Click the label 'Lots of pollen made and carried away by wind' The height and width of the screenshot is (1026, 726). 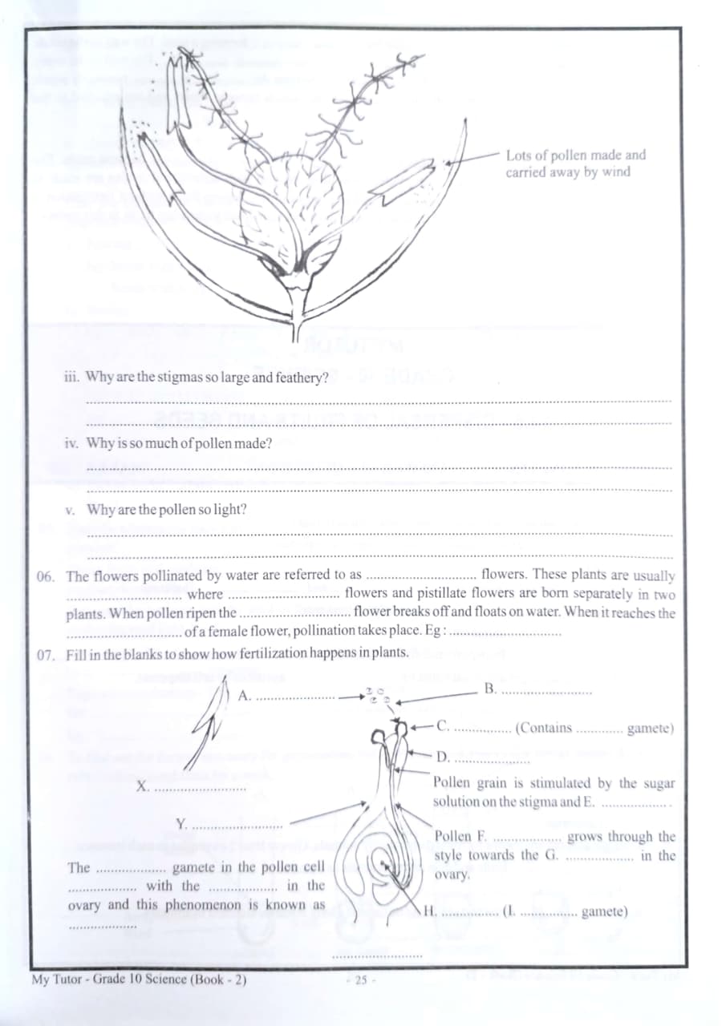coord(574,164)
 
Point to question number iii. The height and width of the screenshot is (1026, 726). coord(71,377)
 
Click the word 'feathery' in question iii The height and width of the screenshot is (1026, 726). coord(299,378)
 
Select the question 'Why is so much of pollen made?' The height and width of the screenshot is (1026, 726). coord(178,443)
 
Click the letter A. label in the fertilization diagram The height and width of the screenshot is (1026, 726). coord(245,696)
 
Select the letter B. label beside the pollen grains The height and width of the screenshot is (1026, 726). coord(491,689)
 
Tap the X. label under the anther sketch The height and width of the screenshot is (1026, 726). coord(142,786)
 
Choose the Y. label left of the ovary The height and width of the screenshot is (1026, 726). coord(181,823)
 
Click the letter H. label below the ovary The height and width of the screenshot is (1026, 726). coord(429,911)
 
